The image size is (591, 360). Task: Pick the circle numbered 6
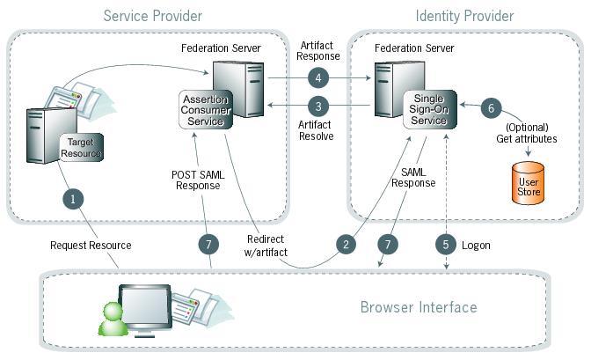[492, 107]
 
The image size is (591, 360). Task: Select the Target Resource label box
[81, 147]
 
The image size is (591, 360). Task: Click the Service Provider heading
[152, 16]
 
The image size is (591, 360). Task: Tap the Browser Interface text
[419, 307]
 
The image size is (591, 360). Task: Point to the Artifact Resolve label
[316, 131]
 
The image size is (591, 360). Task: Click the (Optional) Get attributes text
[528, 133]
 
